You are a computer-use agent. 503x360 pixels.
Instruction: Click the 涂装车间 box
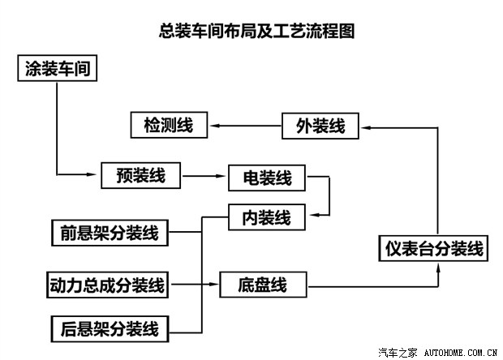click(57, 69)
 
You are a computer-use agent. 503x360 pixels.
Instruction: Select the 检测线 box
click(168, 126)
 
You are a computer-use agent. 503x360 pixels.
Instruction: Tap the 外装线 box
click(320, 126)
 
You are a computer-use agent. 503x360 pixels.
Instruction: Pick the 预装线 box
click(140, 174)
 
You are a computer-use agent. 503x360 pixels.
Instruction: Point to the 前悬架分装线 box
click(109, 234)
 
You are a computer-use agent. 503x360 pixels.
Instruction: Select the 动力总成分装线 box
click(107, 285)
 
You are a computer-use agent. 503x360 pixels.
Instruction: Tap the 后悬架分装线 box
click(109, 328)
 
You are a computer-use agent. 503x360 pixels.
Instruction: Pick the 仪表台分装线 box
click(434, 247)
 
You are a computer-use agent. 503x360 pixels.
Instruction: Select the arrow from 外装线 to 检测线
click(243, 126)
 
